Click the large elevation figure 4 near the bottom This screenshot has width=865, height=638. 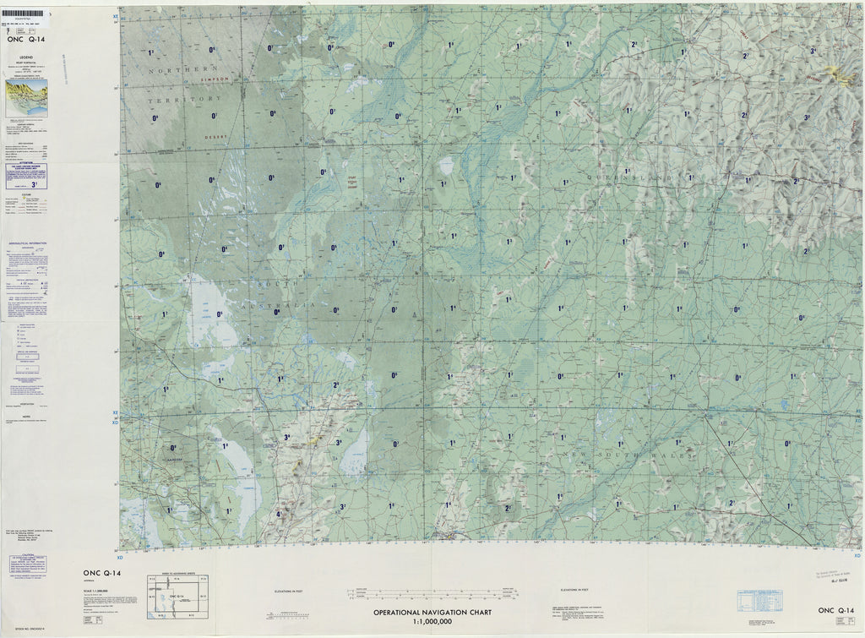click(x=278, y=514)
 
